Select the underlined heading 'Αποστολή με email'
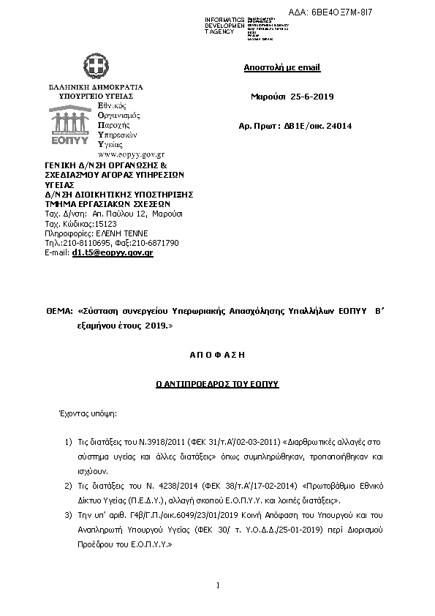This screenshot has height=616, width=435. coord(281,68)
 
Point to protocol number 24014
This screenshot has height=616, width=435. coord(338,126)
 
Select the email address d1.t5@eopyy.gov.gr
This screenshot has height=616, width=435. coord(112,252)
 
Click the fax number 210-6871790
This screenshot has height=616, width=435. coord(155,242)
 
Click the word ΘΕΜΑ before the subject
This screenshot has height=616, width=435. coord(58,311)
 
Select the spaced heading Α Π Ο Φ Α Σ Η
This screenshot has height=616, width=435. coord(218,354)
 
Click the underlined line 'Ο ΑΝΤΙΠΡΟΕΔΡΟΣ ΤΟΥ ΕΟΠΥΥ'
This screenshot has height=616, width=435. coord(218,383)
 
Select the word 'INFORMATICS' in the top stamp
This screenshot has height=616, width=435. coord(224,18)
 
